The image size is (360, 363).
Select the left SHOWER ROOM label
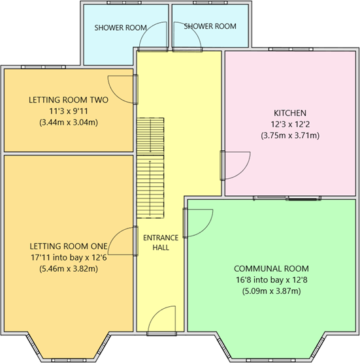click(120, 27)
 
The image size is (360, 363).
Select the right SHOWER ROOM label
click(210, 26)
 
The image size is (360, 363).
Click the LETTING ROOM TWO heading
click(68, 100)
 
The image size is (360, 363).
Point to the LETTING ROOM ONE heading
click(68, 245)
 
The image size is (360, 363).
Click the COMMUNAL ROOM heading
click(271, 268)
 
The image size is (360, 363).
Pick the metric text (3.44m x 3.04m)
click(68, 122)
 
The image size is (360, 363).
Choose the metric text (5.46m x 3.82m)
click(68, 268)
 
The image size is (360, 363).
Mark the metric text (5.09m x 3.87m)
click(271, 291)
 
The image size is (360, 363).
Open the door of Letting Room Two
click(122, 89)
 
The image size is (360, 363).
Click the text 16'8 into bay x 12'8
click(271, 280)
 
